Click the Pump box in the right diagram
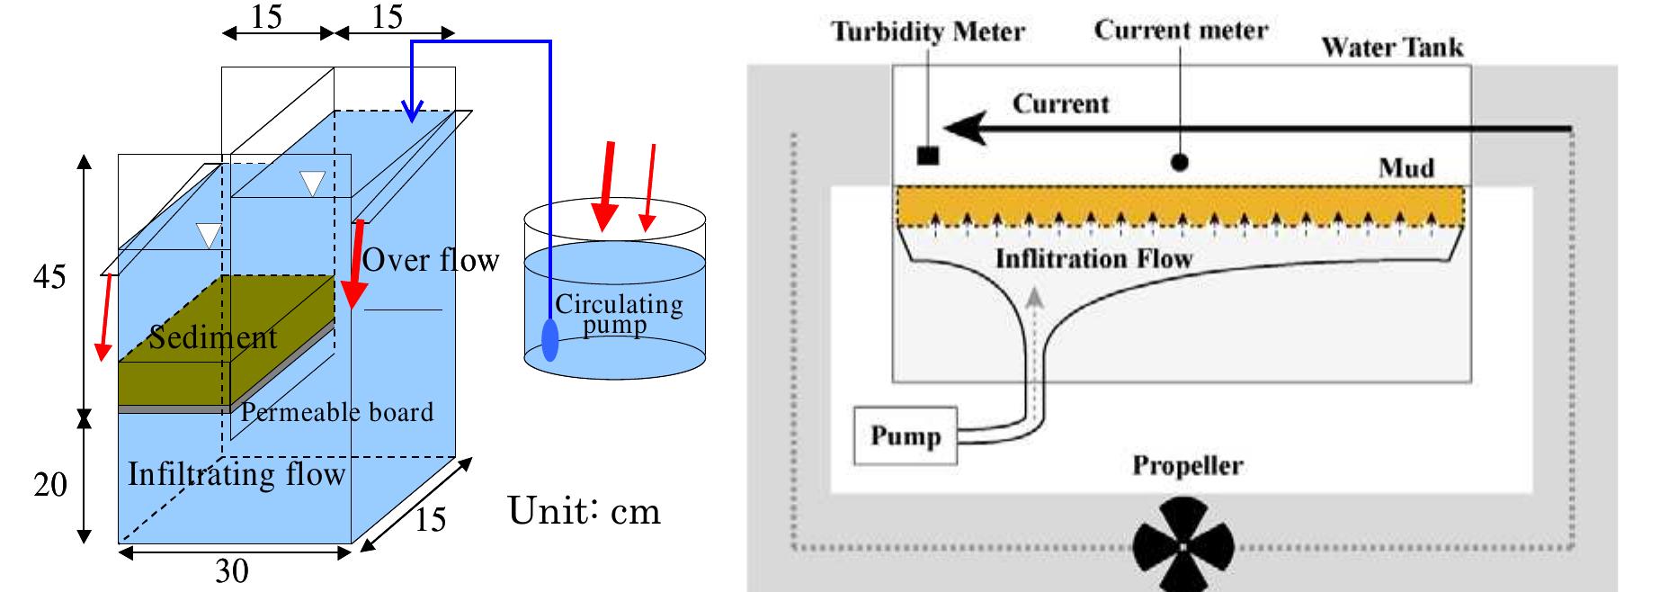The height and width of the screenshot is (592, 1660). pyautogui.click(x=905, y=436)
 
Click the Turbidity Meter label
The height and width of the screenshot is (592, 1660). pyautogui.click(x=927, y=32)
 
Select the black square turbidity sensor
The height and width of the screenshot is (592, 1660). pyautogui.click(x=927, y=156)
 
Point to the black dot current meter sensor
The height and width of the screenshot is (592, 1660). pyautogui.click(x=1180, y=162)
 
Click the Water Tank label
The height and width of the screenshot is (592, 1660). pyautogui.click(x=1391, y=47)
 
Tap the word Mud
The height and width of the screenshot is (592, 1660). pyautogui.click(x=1406, y=168)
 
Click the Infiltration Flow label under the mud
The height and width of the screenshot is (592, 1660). pyautogui.click(x=1093, y=259)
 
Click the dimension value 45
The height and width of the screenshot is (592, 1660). pyautogui.click(x=49, y=277)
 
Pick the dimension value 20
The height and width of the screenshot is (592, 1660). pyautogui.click(x=50, y=485)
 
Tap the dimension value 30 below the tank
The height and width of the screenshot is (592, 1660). pyautogui.click(x=231, y=571)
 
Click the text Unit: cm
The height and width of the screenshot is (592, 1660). pyautogui.click(x=585, y=511)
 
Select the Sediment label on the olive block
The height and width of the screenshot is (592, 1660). pyautogui.click(x=213, y=337)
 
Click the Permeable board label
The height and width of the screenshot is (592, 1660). pyautogui.click(x=336, y=412)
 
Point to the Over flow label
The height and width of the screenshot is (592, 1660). pyautogui.click(x=430, y=260)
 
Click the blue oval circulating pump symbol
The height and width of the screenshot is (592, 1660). pyautogui.click(x=549, y=340)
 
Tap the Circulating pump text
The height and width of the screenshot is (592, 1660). pyautogui.click(x=618, y=313)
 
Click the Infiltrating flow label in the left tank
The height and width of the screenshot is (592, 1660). pyautogui.click(x=236, y=474)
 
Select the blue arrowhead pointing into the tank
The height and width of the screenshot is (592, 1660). pyautogui.click(x=412, y=112)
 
